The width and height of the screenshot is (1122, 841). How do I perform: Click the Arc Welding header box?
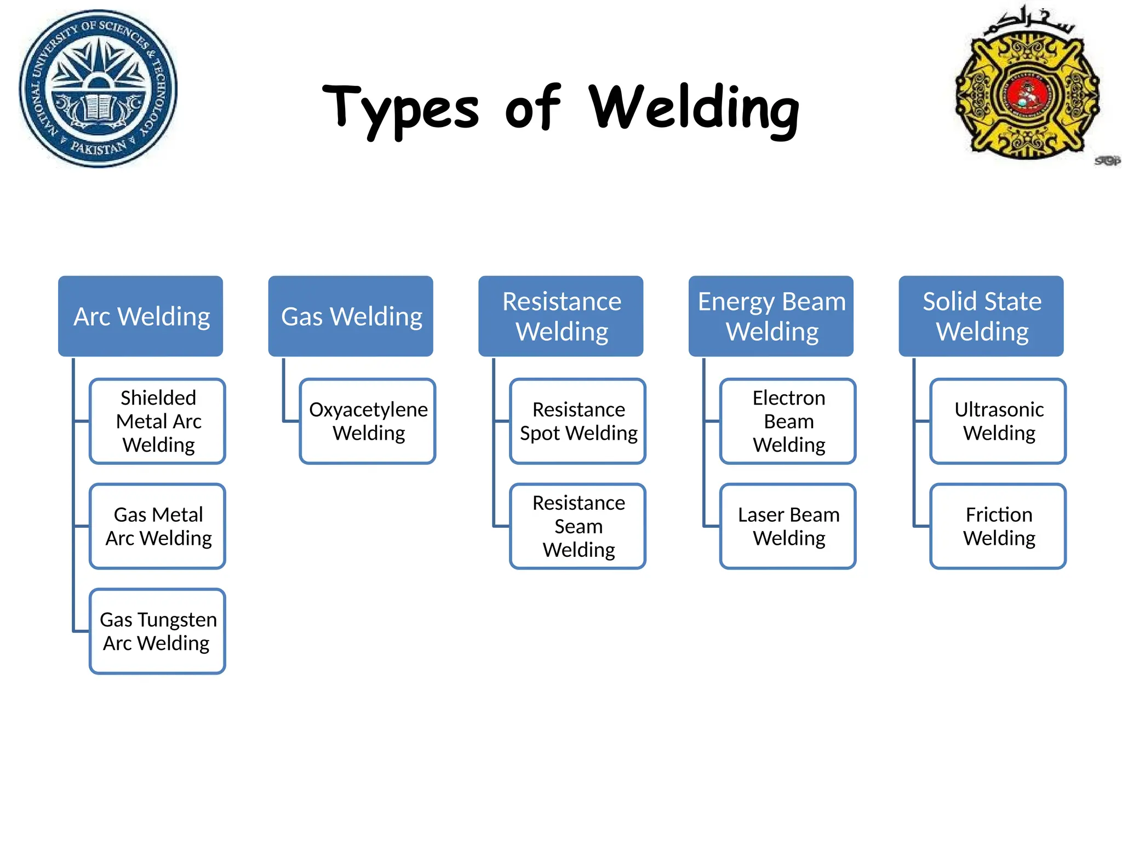(x=141, y=316)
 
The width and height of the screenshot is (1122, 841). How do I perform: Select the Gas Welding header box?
(x=351, y=316)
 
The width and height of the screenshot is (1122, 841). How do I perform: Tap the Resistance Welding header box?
(x=560, y=316)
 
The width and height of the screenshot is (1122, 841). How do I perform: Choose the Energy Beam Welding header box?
(x=771, y=316)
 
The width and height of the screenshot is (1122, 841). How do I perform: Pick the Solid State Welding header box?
(x=981, y=316)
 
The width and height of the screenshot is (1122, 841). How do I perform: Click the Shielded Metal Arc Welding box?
(x=158, y=421)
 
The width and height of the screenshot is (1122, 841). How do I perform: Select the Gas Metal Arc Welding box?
(x=158, y=526)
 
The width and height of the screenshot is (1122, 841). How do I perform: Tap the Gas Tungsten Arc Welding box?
(x=158, y=631)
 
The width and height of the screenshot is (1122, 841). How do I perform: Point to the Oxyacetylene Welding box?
(x=368, y=421)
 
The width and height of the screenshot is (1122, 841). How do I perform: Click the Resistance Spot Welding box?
(x=578, y=421)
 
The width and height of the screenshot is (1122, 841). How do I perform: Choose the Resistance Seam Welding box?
(x=578, y=526)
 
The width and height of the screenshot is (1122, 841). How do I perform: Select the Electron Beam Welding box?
(x=788, y=421)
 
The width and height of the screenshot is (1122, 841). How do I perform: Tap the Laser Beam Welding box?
(x=788, y=526)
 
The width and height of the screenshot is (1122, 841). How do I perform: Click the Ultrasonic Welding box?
(x=998, y=421)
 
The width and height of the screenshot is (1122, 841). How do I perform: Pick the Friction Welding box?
(x=998, y=526)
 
